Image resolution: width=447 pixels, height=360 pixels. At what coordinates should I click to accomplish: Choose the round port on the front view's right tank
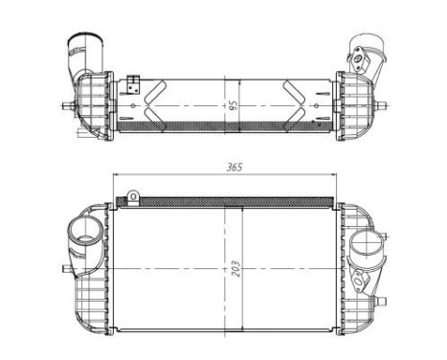[367, 244]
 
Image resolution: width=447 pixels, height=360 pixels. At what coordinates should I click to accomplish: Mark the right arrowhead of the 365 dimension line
[334, 175]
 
